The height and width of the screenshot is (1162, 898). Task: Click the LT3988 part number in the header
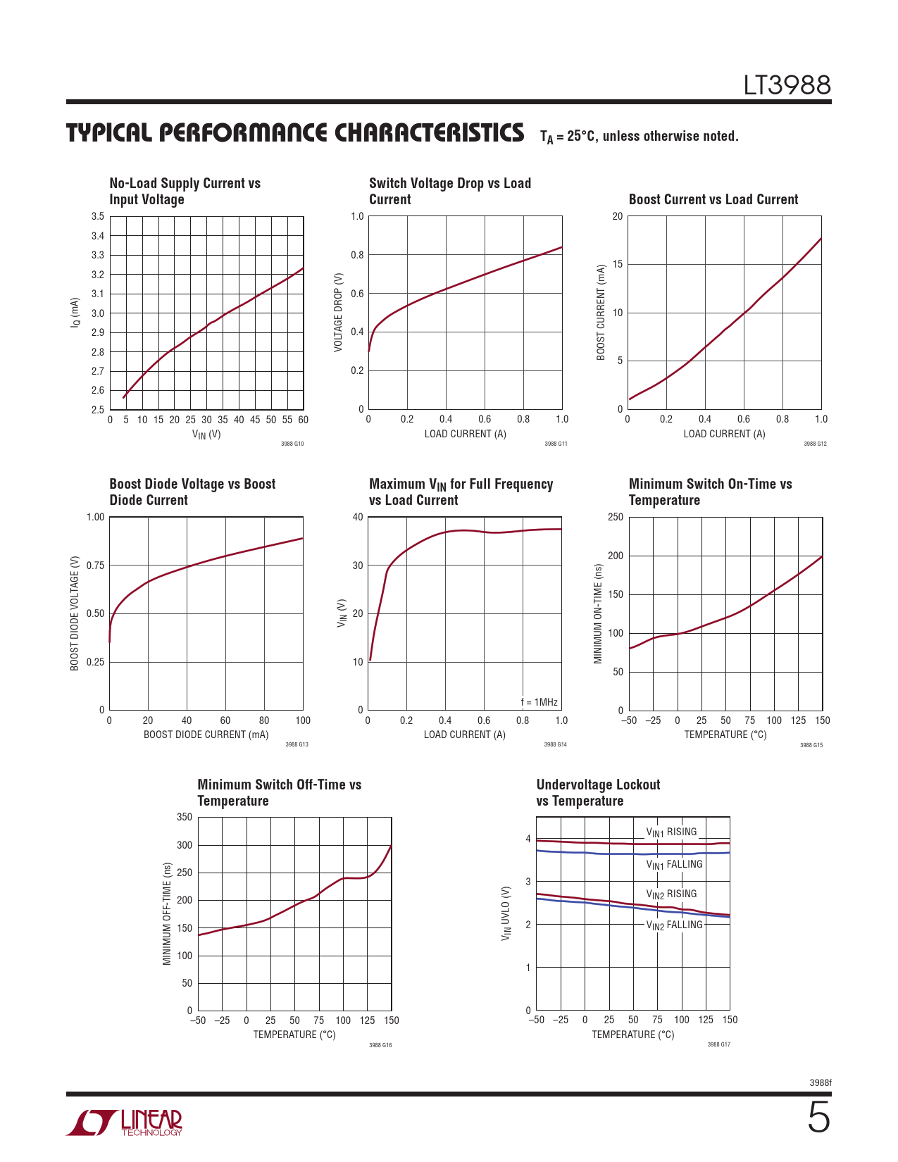click(787, 85)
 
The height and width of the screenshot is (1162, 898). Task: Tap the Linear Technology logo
click(124, 1123)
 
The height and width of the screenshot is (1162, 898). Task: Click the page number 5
click(818, 1118)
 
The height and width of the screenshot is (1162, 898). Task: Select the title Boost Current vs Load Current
click(713, 199)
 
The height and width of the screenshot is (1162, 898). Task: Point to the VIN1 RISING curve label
click(671, 832)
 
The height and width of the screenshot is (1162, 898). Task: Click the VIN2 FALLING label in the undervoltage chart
click(674, 925)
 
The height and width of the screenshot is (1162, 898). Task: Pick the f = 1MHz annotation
click(539, 702)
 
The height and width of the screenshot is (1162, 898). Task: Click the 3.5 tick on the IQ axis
click(97, 217)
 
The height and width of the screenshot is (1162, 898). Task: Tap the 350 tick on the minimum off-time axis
click(184, 818)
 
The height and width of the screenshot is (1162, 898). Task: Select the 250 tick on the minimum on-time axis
click(615, 518)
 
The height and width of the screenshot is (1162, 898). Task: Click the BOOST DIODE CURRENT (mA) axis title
click(206, 735)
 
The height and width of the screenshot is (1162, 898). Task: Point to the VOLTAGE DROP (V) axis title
click(338, 313)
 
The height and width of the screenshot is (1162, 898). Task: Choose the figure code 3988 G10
click(292, 444)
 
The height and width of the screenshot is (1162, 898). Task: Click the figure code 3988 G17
click(718, 1044)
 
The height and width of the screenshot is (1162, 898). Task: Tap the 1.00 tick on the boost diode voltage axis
click(95, 518)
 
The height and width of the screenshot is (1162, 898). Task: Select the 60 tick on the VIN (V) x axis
click(303, 420)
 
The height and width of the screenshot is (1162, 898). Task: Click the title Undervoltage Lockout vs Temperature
click(598, 792)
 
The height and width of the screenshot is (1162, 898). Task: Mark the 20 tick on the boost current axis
click(618, 217)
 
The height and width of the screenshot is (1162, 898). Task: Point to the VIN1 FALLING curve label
click(674, 865)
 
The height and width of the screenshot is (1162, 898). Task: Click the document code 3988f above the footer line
click(820, 1082)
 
